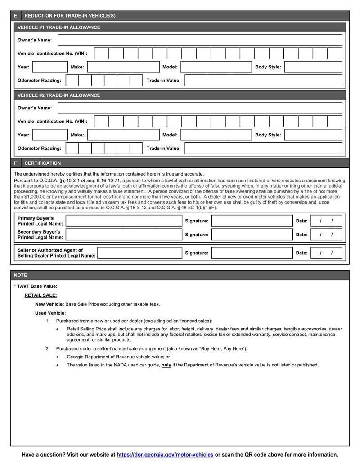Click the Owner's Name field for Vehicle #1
(200, 40)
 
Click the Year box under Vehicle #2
(49, 135)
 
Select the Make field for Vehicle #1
(123, 67)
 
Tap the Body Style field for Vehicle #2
(313, 135)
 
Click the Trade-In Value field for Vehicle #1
(263, 81)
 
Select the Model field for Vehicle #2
(216, 135)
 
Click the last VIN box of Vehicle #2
(335, 122)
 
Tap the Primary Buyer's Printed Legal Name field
(124, 221)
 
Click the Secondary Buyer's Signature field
(252, 235)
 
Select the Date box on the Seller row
(326, 253)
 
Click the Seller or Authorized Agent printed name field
(139, 253)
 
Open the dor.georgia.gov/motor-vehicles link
(165, 455)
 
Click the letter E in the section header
(15, 16)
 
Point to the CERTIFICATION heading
(42, 163)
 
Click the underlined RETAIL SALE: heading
(40, 295)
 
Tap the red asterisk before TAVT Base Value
(15, 286)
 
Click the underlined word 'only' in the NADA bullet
(166, 365)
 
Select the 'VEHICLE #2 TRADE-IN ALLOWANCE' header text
(58, 95)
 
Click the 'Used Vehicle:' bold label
(50, 313)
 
